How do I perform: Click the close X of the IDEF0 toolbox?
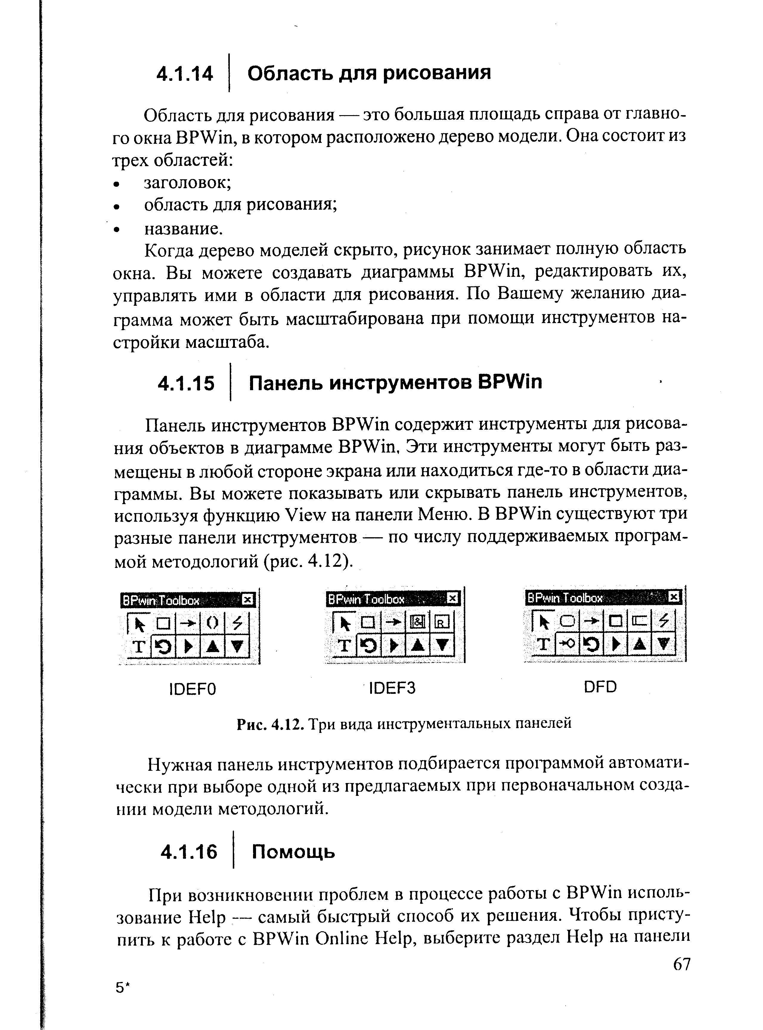click(x=248, y=600)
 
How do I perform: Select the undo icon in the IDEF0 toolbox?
click(x=163, y=647)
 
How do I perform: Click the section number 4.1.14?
click(x=185, y=74)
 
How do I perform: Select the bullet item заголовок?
click(x=187, y=183)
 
